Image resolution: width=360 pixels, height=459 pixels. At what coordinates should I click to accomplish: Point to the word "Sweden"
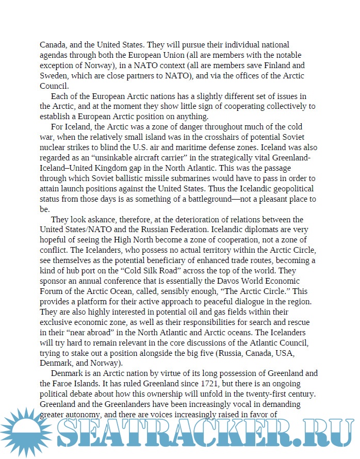54,76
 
